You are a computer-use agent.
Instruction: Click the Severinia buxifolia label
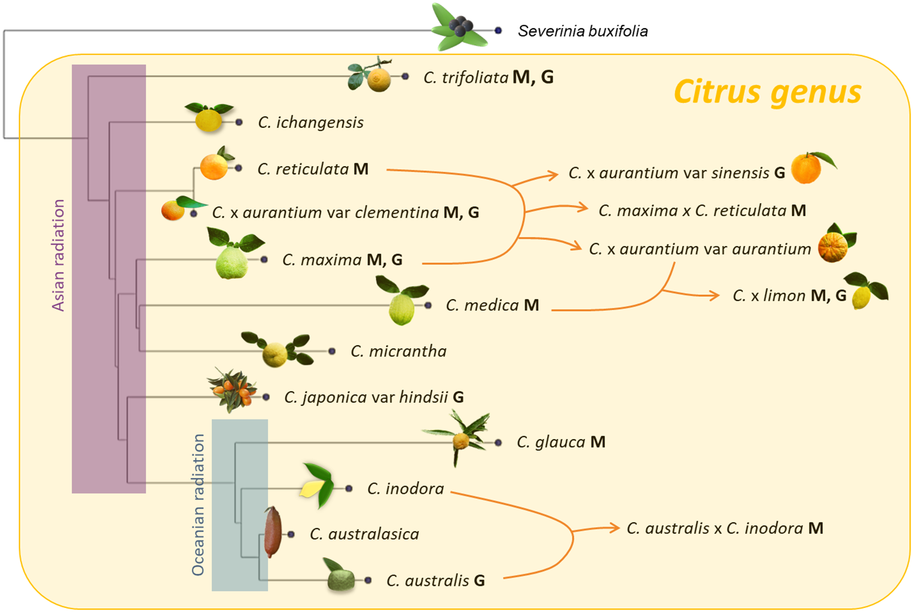click(x=582, y=31)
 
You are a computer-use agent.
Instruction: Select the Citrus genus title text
click(x=767, y=92)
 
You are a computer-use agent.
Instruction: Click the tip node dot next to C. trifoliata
click(x=405, y=76)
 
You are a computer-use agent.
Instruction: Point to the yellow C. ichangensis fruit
click(x=209, y=120)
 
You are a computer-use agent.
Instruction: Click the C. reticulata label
click(x=313, y=169)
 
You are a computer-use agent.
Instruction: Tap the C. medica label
click(x=492, y=305)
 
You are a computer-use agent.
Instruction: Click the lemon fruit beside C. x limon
click(x=862, y=297)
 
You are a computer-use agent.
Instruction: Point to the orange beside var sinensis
click(x=806, y=169)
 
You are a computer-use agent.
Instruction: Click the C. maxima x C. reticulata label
click(x=702, y=211)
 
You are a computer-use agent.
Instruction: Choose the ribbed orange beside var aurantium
click(x=832, y=247)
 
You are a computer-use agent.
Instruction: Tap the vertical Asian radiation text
click(x=58, y=255)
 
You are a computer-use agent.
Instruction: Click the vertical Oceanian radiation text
click(x=198, y=504)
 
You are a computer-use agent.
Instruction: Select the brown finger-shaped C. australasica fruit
click(x=272, y=531)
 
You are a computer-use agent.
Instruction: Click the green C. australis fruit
click(x=341, y=579)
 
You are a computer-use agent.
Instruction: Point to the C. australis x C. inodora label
click(x=725, y=528)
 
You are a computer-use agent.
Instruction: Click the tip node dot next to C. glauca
click(x=498, y=443)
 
